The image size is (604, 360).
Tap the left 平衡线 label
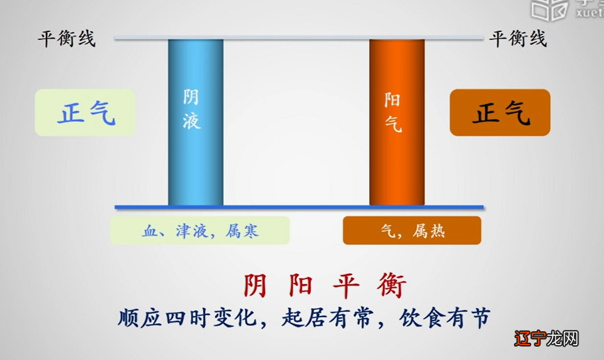click(66, 39)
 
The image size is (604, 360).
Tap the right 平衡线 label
click(518, 39)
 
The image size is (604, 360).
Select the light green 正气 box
click(85, 113)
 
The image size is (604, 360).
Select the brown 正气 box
click(500, 113)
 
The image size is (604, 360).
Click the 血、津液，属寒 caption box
click(200, 231)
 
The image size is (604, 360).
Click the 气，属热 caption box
click(412, 231)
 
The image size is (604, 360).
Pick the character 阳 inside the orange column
click(394, 101)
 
